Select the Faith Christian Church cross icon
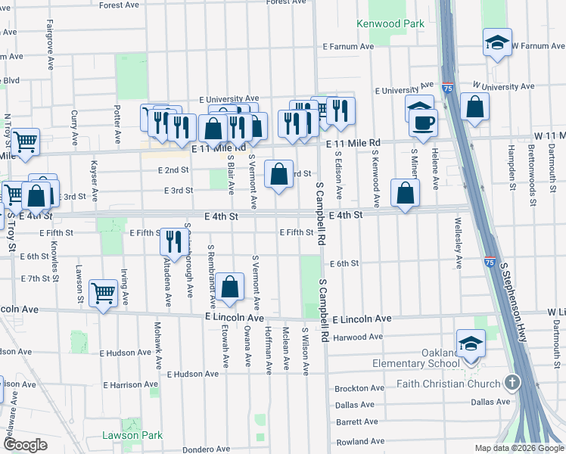512,382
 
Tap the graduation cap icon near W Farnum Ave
497,42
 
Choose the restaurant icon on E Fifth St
175,240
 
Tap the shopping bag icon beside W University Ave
474,107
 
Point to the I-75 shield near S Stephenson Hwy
490,263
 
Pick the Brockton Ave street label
358,388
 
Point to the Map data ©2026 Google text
519,448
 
